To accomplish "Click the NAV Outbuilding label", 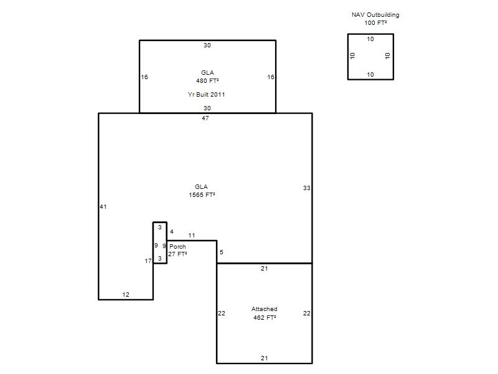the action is (x=375, y=15).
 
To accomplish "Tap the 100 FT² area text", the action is (x=375, y=23).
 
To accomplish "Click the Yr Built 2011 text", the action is (x=206, y=95).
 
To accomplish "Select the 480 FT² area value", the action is (x=207, y=81).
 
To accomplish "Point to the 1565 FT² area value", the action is (x=202, y=194).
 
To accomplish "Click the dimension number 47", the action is (x=205, y=118).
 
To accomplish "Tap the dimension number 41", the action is (x=103, y=207).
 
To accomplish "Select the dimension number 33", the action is (x=306, y=188).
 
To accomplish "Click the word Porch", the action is (x=177, y=246).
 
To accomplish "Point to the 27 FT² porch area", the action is (x=177, y=254).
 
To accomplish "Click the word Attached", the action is (x=264, y=309).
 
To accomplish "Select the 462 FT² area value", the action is (x=265, y=317).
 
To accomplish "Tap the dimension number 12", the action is (x=126, y=294).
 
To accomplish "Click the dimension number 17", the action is (x=148, y=261).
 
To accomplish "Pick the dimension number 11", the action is (x=192, y=236).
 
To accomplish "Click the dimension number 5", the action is (x=222, y=252).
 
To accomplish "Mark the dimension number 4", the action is (x=172, y=231).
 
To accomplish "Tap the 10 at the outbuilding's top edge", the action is (x=370, y=39).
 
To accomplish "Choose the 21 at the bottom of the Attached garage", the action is (x=264, y=358).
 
